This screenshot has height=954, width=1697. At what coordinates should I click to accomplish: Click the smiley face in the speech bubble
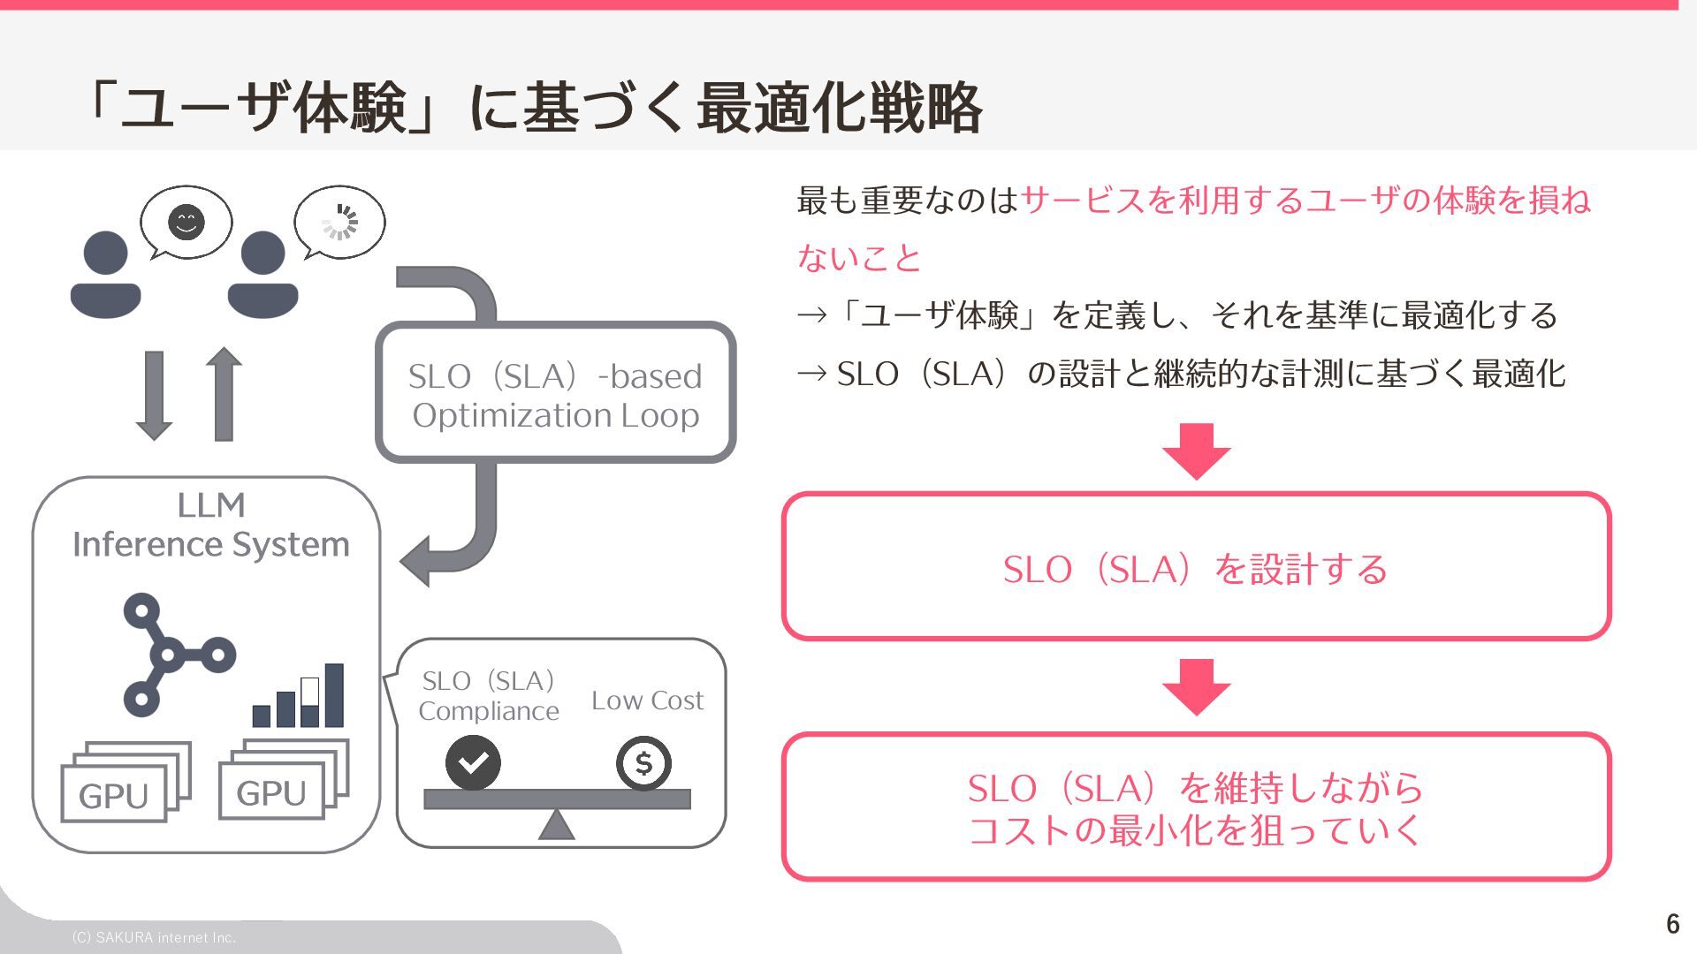[x=186, y=222]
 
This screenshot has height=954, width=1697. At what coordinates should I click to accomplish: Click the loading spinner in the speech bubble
[x=339, y=222]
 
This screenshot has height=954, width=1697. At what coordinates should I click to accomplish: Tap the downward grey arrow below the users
[x=154, y=395]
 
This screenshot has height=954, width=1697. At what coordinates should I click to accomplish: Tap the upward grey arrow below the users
[x=224, y=393]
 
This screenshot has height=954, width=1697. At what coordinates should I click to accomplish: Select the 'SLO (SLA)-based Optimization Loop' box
[x=555, y=393]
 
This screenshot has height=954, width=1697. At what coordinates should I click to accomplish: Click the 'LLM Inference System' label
[x=210, y=525]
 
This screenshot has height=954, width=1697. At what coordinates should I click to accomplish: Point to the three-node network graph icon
[x=172, y=654]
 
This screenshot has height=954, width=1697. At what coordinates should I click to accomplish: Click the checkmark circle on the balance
[x=473, y=761]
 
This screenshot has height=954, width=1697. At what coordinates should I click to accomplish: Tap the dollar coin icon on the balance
[x=643, y=762]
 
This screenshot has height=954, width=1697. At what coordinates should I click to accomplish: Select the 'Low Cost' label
[x=647, y=700]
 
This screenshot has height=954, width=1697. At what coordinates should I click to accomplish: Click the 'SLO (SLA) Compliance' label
[x=488, y=695]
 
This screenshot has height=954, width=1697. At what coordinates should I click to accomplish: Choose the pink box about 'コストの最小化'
[x=1196, y=806]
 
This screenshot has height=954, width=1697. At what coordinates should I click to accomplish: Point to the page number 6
[x=1672, y=923]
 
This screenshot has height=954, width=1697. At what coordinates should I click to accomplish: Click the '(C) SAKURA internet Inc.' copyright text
[x=154, y=937]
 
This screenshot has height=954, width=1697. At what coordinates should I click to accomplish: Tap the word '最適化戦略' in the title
[x=839, y=108]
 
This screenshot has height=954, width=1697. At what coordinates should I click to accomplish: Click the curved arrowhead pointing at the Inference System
[x=417, y=560]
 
